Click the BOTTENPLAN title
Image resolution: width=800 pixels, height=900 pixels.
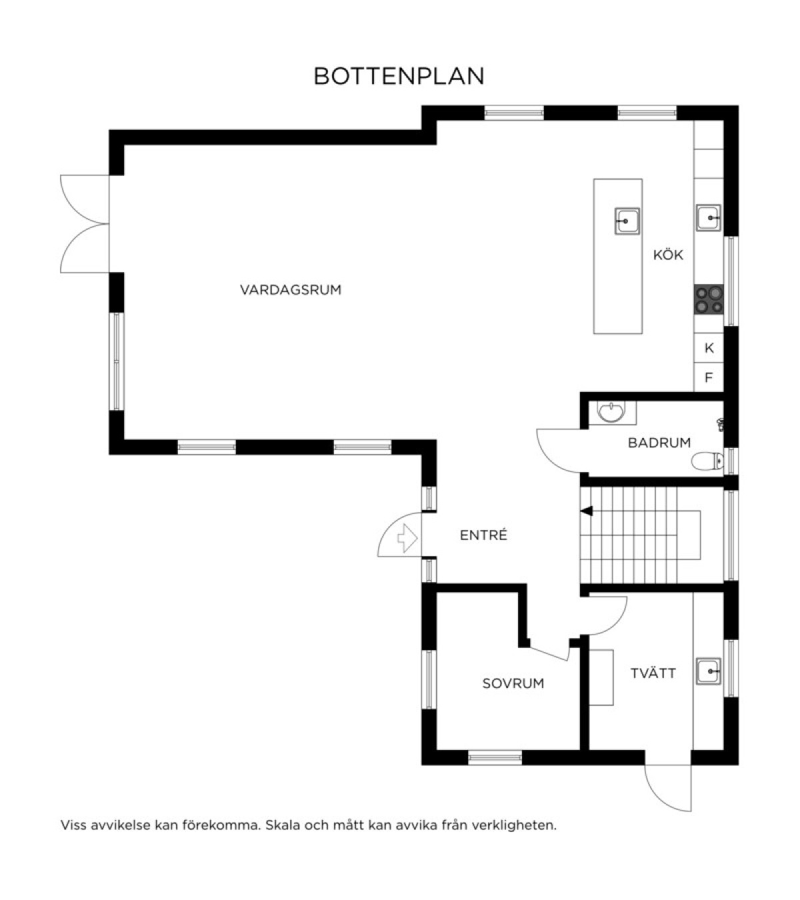pyautogui.click(x=399, y=77)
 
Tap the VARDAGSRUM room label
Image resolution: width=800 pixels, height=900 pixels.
pyautogui.click(x=291, y=290)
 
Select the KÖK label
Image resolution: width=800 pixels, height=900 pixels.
pyautogui.click(x=668, y=255)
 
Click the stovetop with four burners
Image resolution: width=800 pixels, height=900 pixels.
pyautogui.click(x=709, y=299)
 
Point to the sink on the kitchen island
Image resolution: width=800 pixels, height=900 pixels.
pyautogui.click(x=627, y=221)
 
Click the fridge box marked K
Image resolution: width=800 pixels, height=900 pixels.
pyautogui.click(x=709, y=348)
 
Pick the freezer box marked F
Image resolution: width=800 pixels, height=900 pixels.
pyautogui.click(x=709, y=377)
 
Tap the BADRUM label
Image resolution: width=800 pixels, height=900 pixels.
pyautogui.click(x=659, y=443)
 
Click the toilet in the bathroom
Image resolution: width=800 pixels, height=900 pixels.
pyautogui.click(x=707, y=461)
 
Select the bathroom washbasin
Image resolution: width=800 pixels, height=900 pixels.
pyautogui.click(x=611, y=412)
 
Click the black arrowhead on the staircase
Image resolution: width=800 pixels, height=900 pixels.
pyautogui.click(x=587, y=511)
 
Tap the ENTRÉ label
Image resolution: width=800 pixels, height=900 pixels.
pyautogui.click(x=483, y=535)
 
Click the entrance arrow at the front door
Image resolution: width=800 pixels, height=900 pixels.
pyautogui.click(x=407, y=539)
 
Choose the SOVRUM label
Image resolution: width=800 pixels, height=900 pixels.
pyautogui.click(x=513, y=683)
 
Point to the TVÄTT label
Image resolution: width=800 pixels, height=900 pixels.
pyautogui.click(x=653, y=673)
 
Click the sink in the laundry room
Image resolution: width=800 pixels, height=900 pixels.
pyautogui.click(x=709, y=671)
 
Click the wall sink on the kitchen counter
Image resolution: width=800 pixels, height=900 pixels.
pyautogui.click(x=709, y=218)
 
